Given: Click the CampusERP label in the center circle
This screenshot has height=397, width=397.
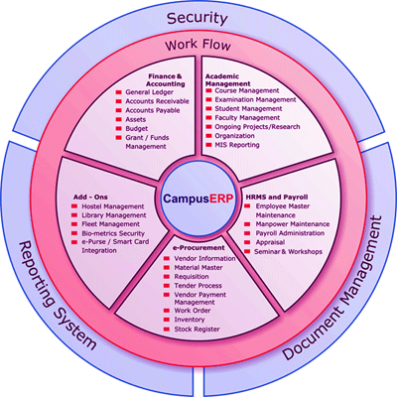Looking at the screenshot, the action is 198,198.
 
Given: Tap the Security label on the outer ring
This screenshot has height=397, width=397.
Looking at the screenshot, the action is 198,18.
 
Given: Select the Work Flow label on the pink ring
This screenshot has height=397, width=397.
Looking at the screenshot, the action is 198,45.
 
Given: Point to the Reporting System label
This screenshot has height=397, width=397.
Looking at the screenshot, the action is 57,296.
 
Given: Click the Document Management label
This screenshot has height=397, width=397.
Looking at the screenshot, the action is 332,288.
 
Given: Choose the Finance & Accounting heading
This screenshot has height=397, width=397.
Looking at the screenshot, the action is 166,80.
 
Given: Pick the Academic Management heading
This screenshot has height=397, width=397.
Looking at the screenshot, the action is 228,80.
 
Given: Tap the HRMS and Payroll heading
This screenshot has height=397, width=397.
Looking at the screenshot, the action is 277,198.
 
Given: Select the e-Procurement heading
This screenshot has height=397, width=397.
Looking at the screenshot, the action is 198,248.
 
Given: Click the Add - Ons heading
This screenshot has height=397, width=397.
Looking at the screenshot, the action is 90,198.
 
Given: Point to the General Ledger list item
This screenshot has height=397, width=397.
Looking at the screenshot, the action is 149,92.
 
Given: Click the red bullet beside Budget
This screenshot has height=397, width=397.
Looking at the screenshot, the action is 119,129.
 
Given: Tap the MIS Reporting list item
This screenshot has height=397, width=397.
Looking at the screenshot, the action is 237,145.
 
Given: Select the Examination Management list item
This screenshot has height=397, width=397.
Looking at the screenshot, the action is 255,99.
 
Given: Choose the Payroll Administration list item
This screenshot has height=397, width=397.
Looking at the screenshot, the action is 290,233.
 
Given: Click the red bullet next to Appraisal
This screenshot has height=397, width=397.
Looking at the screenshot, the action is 247,242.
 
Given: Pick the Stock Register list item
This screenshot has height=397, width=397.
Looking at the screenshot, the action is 197,330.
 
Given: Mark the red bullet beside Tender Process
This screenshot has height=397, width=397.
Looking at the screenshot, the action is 167,286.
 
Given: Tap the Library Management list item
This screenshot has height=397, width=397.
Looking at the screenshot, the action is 114,215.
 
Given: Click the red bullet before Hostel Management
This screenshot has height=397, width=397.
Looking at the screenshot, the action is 74,206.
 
